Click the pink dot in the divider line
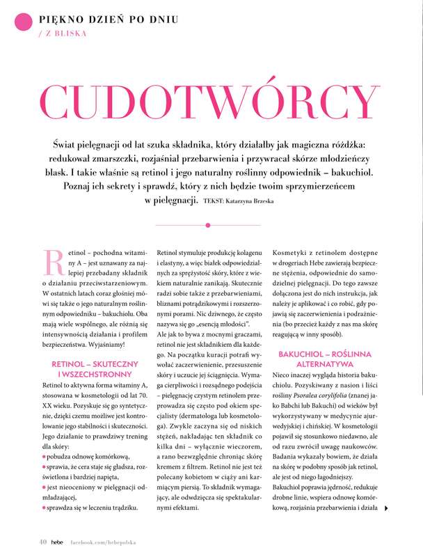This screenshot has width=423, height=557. click(209, 225)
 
